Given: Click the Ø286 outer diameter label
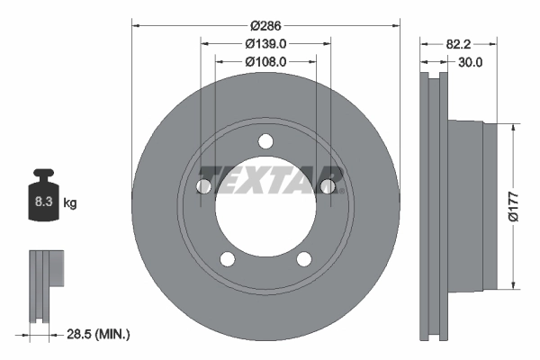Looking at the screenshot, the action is pos(265,25).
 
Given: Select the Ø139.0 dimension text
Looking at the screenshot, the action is pos(265,44).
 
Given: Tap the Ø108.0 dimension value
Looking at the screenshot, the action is pos(265,62).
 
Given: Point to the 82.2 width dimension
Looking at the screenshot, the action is pos(458,44).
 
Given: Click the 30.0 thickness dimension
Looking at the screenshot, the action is pos(471,62).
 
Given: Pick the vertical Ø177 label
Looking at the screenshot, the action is pos(513,207).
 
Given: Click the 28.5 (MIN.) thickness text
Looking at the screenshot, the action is pos(98,334).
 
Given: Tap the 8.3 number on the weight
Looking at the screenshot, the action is pos(43,202).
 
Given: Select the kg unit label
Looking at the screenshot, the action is pos(70,202).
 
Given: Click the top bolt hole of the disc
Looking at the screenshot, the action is pos(265,141).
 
